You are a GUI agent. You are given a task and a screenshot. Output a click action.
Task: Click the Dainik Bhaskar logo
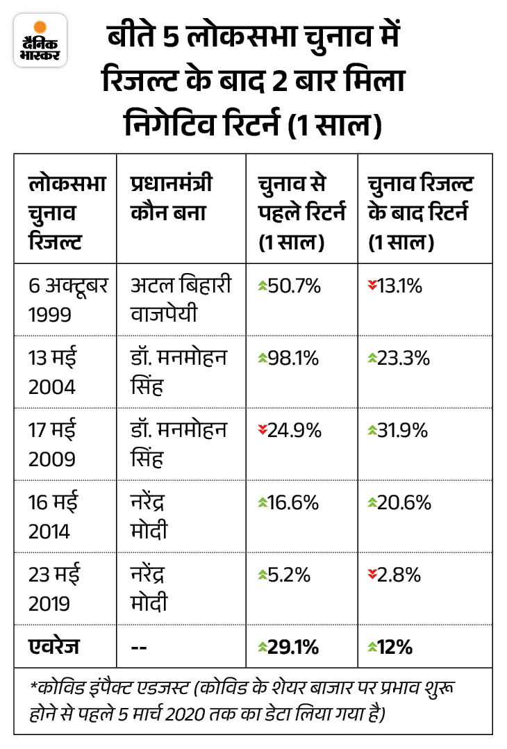(x=40, y=40)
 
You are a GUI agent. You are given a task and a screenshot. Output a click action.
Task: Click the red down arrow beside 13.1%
(x=372, y=286)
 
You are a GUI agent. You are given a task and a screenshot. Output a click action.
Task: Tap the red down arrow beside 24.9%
(x=262, y=430)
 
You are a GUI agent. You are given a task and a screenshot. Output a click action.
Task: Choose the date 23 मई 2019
(x=55, y=587)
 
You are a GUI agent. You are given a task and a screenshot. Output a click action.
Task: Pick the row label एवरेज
(x=53, y=648)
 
